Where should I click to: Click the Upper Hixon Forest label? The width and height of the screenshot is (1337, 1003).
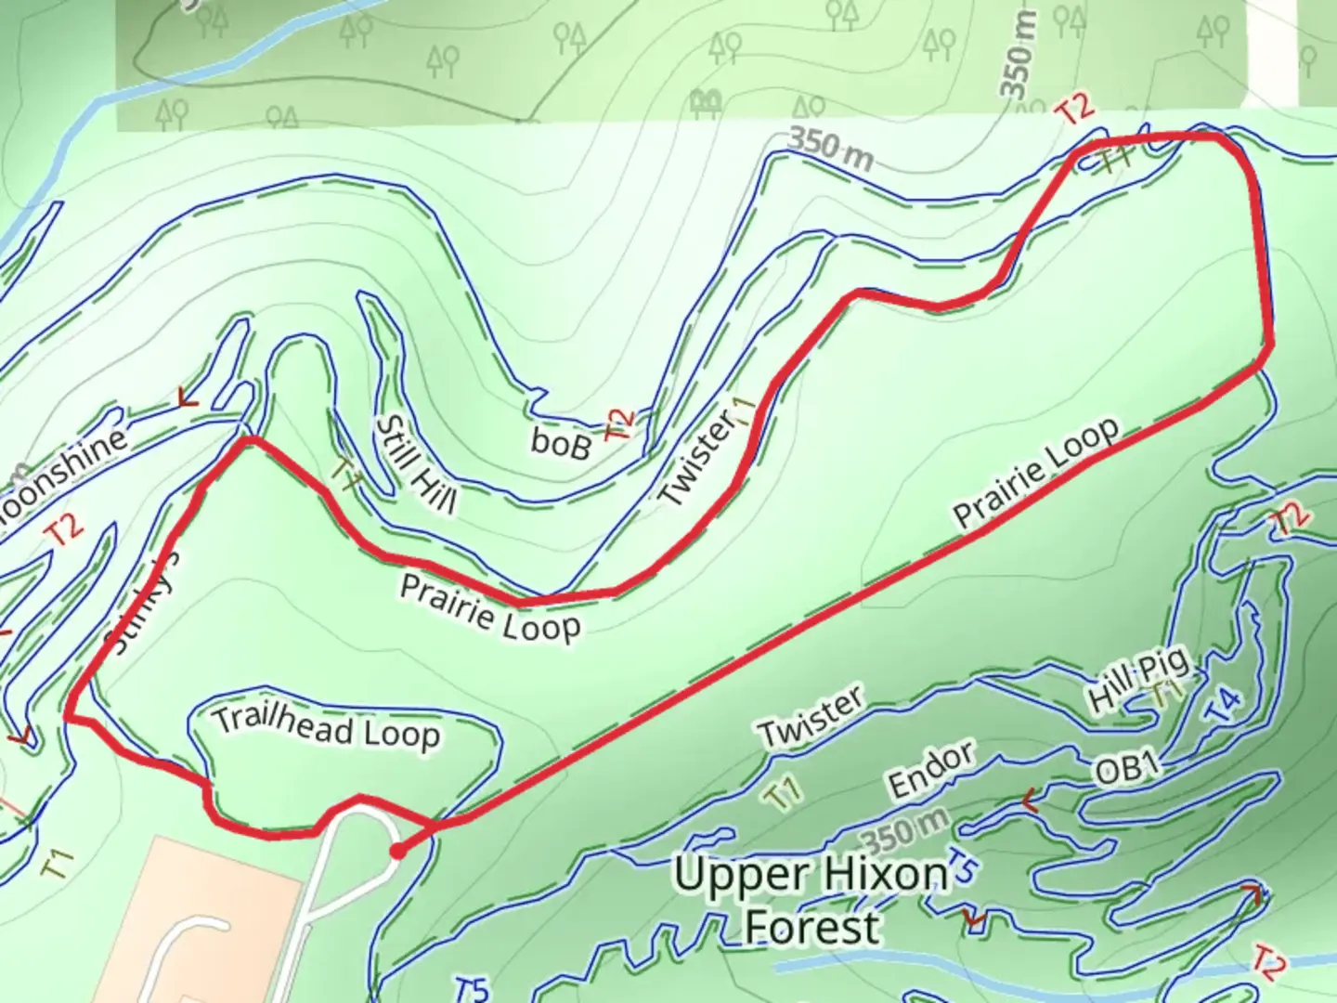click(811, 900)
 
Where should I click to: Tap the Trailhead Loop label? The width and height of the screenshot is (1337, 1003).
click(326, 727)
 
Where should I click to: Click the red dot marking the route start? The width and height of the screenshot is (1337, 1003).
click(396, 852)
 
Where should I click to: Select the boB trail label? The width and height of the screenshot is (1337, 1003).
click(561, 444)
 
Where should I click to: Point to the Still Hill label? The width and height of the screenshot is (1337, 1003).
click(415, 464)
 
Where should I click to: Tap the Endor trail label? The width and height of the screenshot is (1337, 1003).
click(931, 769)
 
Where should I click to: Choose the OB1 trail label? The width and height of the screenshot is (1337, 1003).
click(1127, 767)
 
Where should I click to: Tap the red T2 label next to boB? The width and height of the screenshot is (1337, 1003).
click(619, 423)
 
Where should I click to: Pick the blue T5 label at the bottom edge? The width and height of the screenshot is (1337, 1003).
click(472, 988)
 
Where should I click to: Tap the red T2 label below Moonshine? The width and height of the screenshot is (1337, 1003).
click(64, 530)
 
